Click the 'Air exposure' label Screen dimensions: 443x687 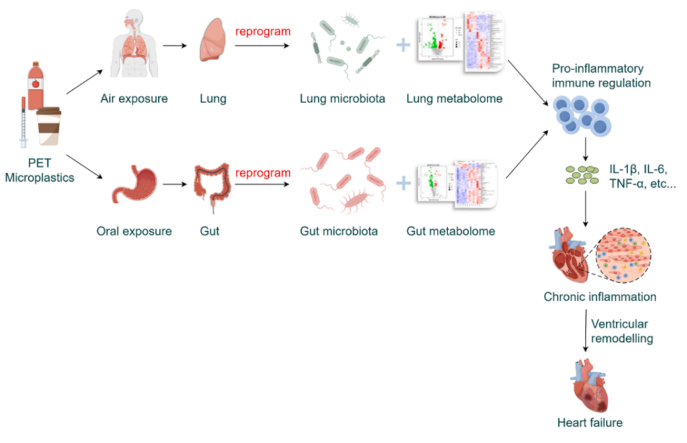134,99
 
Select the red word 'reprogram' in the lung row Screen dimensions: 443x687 262,31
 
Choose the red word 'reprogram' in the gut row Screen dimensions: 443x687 262,173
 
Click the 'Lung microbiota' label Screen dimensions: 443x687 342,99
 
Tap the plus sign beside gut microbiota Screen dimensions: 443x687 404,184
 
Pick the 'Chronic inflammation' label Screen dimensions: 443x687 600,297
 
